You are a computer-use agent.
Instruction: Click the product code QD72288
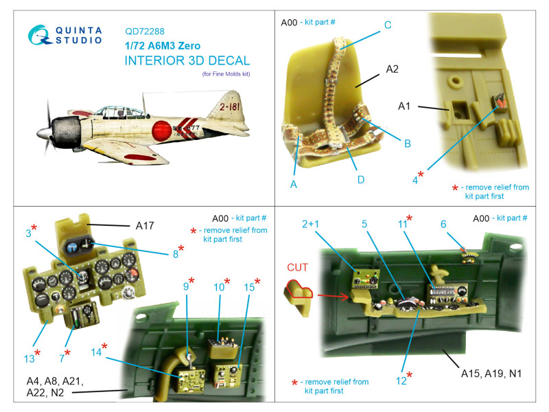coord(145,32)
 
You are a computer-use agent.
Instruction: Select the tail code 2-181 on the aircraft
coord(230,106)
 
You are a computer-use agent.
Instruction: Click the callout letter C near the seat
coord(388,25)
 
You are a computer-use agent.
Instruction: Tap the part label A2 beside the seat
coord(392,69)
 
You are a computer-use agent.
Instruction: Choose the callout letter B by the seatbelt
coord(407,144)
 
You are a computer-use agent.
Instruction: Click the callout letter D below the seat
coord(361,180)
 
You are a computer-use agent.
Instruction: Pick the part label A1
coord(404,106)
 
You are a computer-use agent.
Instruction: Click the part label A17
coord(145,226)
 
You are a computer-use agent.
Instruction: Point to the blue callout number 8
coord(176,254)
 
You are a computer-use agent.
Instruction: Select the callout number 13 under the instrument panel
coord(30,358)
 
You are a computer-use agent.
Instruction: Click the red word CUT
coord(297,267)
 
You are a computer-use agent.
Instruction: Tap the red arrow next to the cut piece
coord(333,297)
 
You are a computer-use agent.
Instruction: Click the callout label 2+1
coord(310,224)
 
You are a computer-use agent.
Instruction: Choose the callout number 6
coord(443,225)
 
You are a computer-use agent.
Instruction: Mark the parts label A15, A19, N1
coord(491,374)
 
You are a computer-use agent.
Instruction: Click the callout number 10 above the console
coord(219,287)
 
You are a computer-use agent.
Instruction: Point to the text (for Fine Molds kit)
coord(226,74)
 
